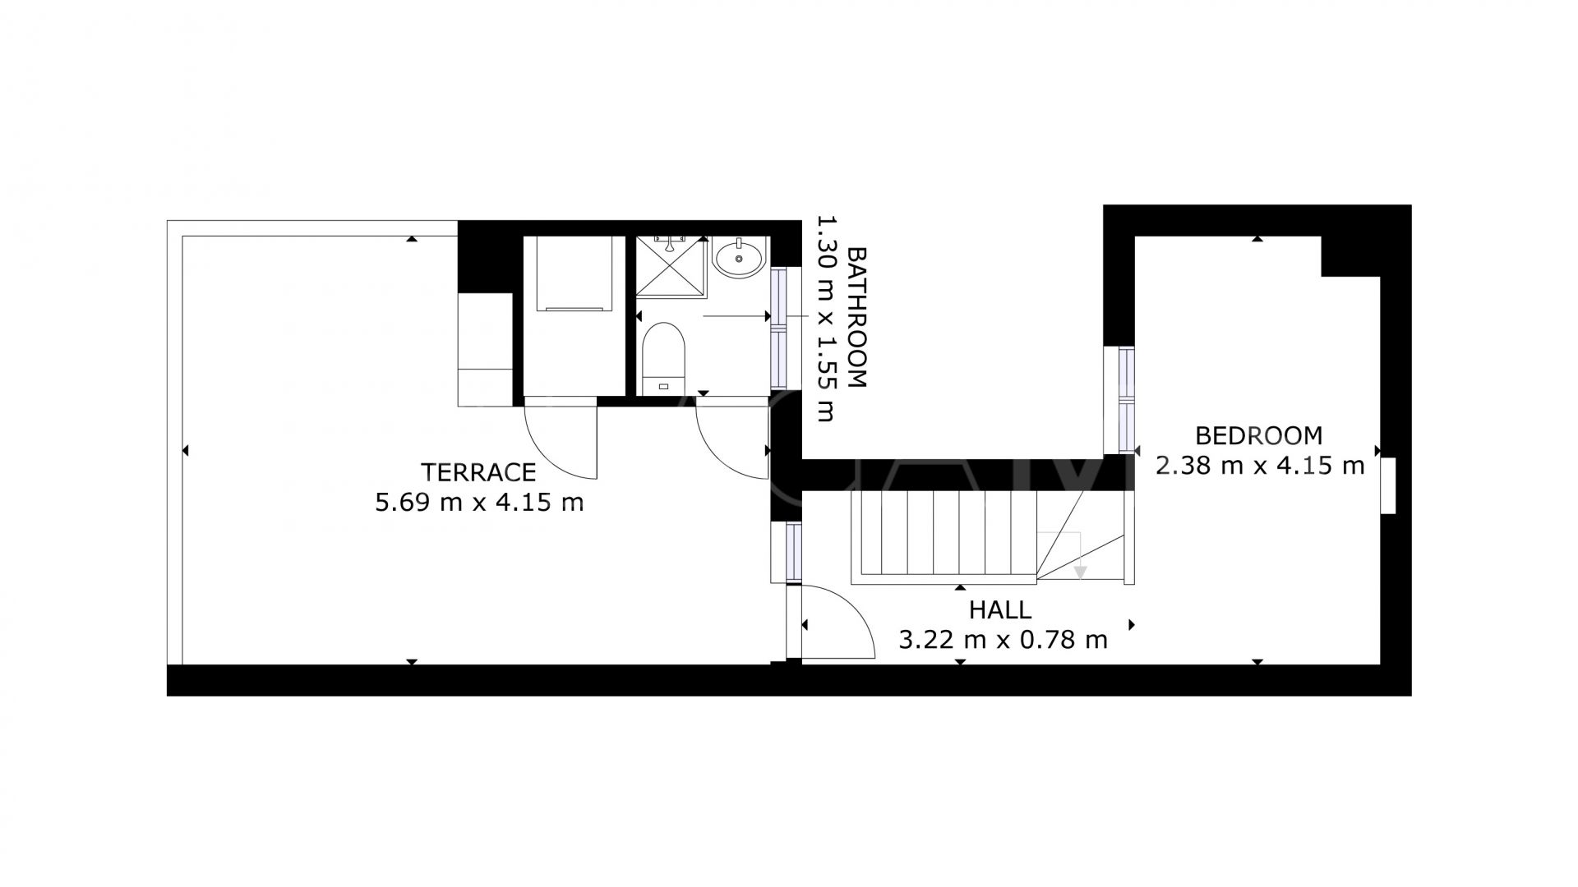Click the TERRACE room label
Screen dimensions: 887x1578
coord(478,472)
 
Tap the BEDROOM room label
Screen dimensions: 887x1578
coord(1258,435)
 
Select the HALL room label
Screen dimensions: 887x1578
coord(999,610)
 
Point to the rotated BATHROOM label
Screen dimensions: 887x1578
coord(856,317)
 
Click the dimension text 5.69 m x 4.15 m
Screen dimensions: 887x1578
coord(479,503)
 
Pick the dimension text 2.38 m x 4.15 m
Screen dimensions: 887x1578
coord(1259,466)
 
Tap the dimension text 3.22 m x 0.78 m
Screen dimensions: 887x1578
coord(1003,640)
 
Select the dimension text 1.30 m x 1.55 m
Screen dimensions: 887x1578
coord(826,319)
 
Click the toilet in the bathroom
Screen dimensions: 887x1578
coord(662,356)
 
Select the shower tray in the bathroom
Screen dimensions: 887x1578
coord(671,264)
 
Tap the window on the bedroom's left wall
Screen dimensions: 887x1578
coord(1125,400)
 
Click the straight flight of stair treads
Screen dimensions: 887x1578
coord(945,534)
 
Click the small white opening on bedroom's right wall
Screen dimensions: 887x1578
coord(1388,485)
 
